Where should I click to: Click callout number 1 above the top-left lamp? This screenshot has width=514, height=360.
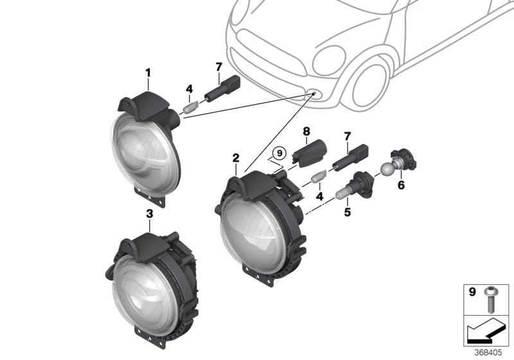click(x=148, y=73)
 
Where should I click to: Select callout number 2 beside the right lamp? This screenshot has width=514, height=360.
click(x=236, y=157)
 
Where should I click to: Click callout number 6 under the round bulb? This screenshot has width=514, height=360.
click(x=402, y=185)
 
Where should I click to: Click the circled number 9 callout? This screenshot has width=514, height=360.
click(x=278, y=154)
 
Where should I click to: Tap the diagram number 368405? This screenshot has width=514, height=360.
click(x=492, y=352)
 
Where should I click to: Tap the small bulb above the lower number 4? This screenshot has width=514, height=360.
click(x=319, y=177)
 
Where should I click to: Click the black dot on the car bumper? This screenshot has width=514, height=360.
click(x=314, y=94)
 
